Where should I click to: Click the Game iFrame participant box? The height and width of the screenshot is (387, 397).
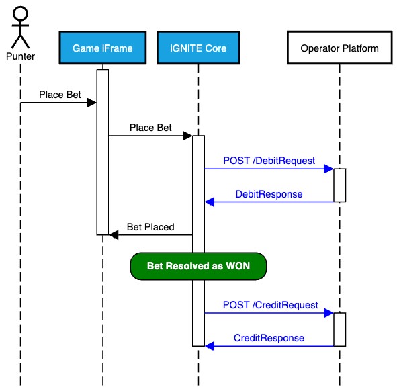102,48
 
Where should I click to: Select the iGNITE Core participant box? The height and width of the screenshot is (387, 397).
198,48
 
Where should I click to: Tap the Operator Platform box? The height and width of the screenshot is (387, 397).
339,48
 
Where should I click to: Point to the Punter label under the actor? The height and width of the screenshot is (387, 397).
20,56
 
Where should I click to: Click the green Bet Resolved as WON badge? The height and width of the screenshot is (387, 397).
198,266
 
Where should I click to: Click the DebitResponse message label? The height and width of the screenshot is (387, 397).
269,194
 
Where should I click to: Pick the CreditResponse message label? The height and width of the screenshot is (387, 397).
269,338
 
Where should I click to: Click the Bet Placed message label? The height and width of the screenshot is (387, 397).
150,227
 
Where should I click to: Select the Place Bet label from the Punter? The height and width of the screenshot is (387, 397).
59,95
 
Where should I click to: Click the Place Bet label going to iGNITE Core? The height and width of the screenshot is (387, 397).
150,128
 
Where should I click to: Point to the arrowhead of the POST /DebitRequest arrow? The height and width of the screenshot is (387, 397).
329,169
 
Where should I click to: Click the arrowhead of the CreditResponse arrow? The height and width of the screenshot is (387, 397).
209,346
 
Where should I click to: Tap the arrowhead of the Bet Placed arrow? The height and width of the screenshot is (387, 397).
113,234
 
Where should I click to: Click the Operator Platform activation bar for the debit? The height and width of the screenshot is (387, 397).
339,185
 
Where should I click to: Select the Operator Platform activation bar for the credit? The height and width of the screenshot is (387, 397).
339,329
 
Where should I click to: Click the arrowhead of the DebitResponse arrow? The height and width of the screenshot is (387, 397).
209,202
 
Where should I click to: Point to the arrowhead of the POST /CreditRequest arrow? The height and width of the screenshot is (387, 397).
329,313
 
